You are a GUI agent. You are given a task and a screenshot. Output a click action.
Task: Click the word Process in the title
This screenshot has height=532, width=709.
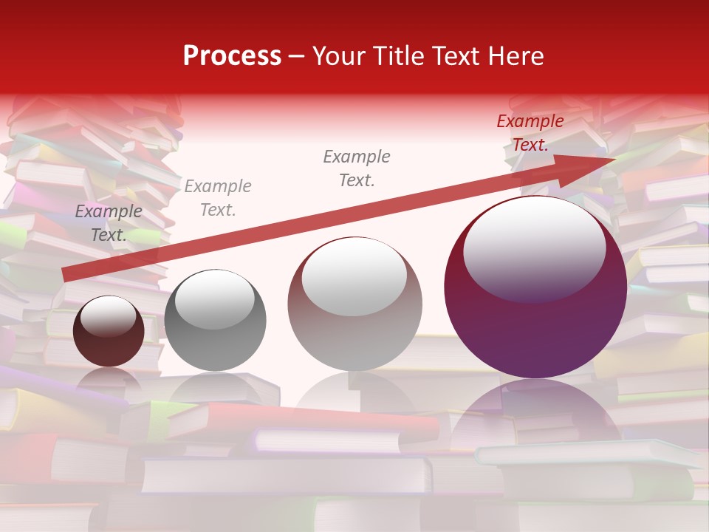tap(232, 56)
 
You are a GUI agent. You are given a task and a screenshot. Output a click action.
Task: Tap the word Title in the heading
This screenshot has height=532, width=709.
tap(396, 56)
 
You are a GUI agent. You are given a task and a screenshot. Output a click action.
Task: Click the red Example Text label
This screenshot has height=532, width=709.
tap(530, 133)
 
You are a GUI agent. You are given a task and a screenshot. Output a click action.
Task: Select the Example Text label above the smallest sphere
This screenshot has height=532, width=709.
tap(109, 223)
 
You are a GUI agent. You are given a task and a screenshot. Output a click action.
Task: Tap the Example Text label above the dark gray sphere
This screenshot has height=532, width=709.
tap(217, 198)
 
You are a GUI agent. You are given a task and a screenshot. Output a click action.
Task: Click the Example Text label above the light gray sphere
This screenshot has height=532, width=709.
tap(357, 168)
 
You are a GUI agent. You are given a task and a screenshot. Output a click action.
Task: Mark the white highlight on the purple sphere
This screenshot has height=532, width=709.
tap(534, 248)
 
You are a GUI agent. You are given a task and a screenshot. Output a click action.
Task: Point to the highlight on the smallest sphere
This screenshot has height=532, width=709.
tap(108, 317)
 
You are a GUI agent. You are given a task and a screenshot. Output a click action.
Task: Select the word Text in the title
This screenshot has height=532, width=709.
tap(455, 56)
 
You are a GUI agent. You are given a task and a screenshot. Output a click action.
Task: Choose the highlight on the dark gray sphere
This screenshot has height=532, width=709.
tap(214, 299)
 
